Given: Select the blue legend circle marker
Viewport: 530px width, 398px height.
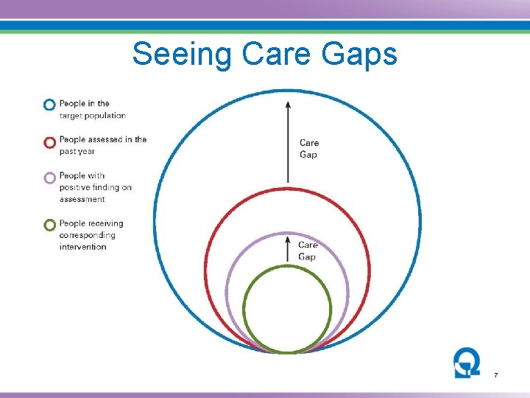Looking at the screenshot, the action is click(49, 105).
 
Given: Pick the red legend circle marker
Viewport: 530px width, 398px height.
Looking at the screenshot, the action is click(49, 142).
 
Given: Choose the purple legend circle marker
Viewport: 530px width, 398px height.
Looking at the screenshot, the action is click(49, 178).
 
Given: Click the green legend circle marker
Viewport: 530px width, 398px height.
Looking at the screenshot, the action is click(49, 225).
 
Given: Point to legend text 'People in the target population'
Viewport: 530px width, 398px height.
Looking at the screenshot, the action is click(92, 109).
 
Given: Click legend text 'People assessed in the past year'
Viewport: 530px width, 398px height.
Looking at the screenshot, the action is click(102, 145).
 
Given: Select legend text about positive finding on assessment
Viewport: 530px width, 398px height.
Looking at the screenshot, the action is click(95, 187).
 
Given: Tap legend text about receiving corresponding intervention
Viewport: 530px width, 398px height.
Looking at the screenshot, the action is click(91, 234).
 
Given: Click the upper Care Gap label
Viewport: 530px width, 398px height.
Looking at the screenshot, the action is click(309, 149).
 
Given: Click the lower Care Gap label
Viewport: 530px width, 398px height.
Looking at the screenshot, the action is click(308, 251).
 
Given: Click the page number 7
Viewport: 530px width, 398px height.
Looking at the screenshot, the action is click(495, 376).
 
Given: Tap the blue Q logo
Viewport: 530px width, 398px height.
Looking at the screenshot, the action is click(467, 363).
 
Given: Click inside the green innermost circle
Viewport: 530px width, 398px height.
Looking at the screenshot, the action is click(287, 310).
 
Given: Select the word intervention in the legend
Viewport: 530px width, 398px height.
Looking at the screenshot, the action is click(83, 247).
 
